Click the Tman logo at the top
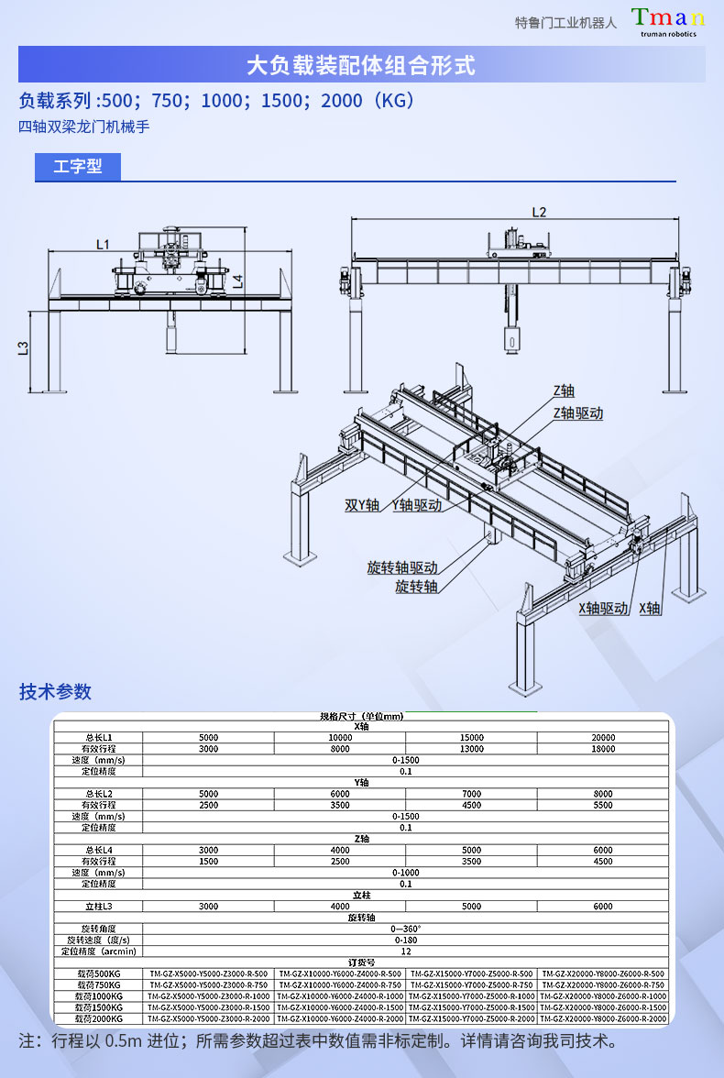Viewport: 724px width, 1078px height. click(x=667, y=21)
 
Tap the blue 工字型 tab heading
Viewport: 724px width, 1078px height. click(x=77, y=167)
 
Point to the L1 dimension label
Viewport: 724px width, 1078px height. click(x=102, y=244)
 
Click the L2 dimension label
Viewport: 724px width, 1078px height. click(x=539, y=212)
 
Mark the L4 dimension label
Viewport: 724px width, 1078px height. click(x=237, y=281)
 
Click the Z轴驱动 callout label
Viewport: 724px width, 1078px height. click(x=577, y=413)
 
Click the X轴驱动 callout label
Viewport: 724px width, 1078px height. click(x=603, y=608)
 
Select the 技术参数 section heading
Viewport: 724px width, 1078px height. click(x=56, y=692)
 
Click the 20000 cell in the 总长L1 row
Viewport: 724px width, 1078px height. click(x=603, y=738)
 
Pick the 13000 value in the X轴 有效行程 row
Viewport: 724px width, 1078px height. click(x=471, y=749)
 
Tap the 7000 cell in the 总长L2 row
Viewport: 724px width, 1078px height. click(x=471, y=794)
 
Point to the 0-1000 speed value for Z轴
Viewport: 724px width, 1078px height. click(x=405, y=873)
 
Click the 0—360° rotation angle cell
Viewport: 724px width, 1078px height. click(x=405, y=929)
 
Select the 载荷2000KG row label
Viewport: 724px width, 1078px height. click(x=99, y=1018)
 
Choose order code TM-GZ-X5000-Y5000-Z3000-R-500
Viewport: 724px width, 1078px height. click(x=209, y=973)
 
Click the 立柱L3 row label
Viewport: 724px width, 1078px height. click(x=99, y=907)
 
